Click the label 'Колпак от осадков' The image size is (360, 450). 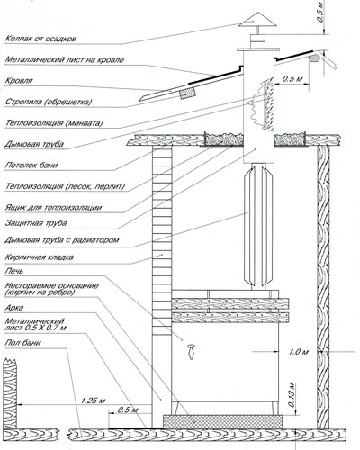click(x=40, y=39)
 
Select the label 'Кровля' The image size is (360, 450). click(x=19, y=81)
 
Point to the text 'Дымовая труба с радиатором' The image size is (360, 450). click(x=62, y=240)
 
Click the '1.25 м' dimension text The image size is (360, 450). click(x=93, y=400)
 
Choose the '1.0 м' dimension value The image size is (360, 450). click(x=299, y=351)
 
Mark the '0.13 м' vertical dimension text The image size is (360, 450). click(x=292, y=394)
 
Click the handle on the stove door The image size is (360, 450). click(x=191, y=351)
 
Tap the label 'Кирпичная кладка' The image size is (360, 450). click(x=40, y=257)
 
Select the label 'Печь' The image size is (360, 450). click(x=13, y=271)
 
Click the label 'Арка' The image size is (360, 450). click(x=14, y=308)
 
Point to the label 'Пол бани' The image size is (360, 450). click(x=22, y=343)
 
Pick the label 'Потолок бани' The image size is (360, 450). click(x=31, y=165)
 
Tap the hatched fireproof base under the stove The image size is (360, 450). click(x=222, y=421)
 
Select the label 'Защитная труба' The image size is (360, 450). click(x=36, y=223)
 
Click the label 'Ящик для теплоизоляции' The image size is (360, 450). click(x=53, y=207)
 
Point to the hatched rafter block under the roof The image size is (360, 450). click(x=187, y=94)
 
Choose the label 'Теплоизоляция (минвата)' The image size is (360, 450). click(x=54, y=123)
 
